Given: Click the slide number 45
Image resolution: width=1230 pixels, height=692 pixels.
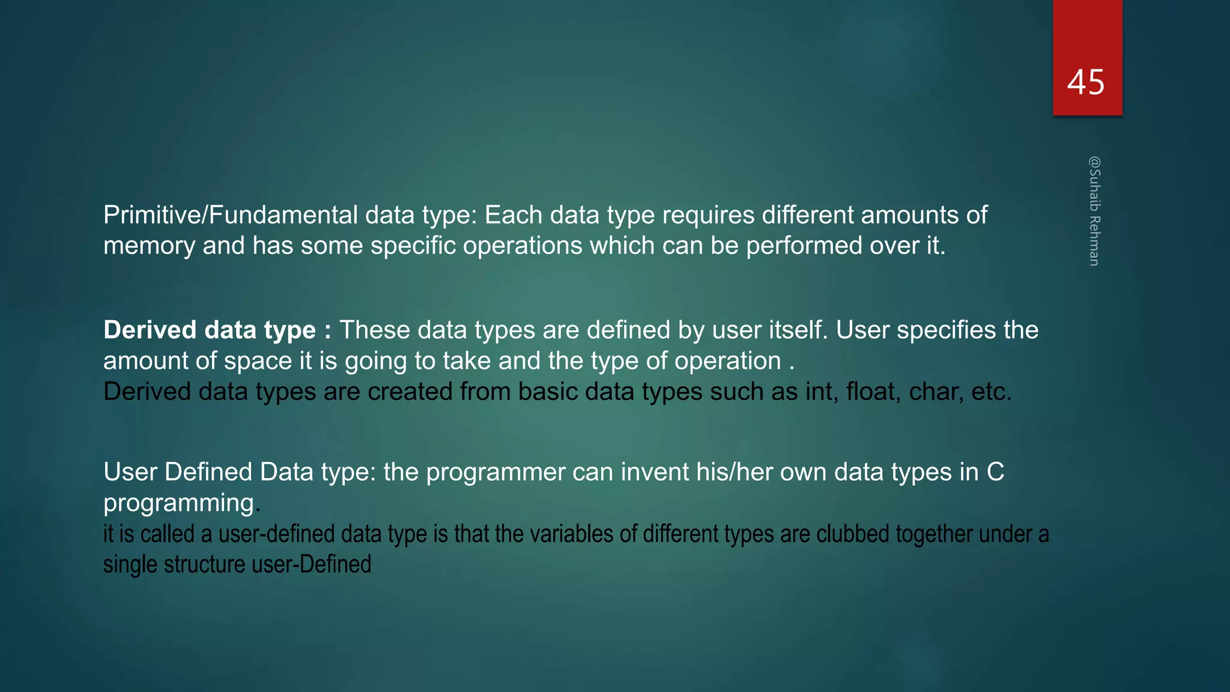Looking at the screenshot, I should pos(1085,82).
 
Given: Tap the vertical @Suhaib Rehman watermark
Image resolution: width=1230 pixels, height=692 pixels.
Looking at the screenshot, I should pos(1094,211).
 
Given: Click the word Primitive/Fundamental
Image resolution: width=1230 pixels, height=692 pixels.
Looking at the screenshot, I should pos(231,215).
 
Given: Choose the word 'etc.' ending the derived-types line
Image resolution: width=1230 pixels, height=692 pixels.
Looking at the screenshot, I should pos(992,392).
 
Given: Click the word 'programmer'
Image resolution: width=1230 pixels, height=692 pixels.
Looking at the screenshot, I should pos(495,473).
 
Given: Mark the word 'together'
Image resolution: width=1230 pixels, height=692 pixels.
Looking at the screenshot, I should pos(933,534).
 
